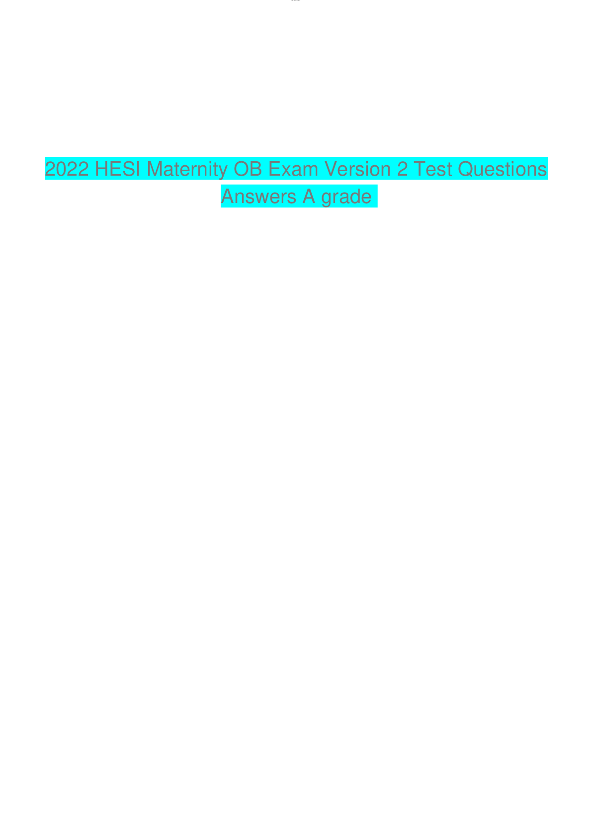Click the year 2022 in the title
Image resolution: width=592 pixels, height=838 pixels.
(67, 169)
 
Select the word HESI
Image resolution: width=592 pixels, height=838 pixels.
(118, 169)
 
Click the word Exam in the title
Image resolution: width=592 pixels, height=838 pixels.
(293, 169)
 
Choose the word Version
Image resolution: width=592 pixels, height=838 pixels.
(358, 169)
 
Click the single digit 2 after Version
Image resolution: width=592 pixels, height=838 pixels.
(402, 169)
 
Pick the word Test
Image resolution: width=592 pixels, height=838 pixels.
(432, 169)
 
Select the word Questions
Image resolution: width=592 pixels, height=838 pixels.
(503, 169)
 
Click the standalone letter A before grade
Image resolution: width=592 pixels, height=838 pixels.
(309, 196)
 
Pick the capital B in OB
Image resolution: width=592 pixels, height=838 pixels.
(256, 169)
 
